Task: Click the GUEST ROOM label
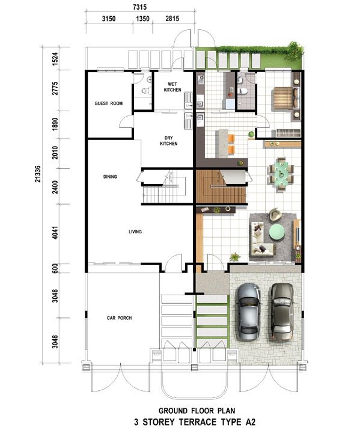tap(109, 103)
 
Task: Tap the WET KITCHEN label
tap(172, 87)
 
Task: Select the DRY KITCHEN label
tap(168, 141)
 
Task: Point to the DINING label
tap(110, 176)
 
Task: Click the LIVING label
tap(135, 232)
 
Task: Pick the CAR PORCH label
tap(119, 318)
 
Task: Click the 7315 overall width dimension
tap(139, 7)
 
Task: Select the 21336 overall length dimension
tap(38, 174)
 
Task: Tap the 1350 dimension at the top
tap(142, 19)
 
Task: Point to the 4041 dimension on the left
tap(55, 233)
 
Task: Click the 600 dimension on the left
tap(55, 268)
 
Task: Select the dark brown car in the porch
tap(282, 311)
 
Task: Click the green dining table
tap(281, 174)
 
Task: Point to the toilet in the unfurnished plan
tap(146, 90)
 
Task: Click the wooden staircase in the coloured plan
tap(221, 186)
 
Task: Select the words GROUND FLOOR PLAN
tap(197, 411)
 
